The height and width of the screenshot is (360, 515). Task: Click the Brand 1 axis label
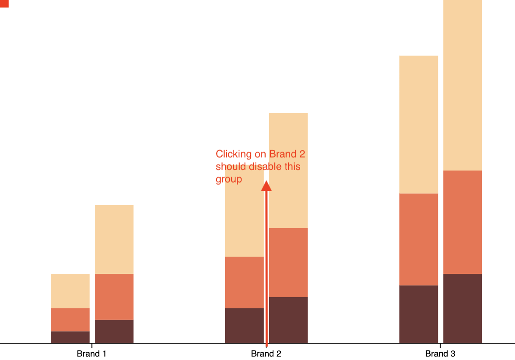click(91, 354)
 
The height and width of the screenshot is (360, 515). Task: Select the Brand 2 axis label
click(266, 354)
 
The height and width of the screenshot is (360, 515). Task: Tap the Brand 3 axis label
click(440, 354)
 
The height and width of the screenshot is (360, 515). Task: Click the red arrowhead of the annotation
click(267, 186)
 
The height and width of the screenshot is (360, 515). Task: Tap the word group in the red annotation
click(229, 179)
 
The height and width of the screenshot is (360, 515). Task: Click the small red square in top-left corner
click(4, 3)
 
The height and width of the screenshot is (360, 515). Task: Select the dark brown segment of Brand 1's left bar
click(70, 337)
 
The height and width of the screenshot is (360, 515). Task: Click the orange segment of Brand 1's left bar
click(70, 320)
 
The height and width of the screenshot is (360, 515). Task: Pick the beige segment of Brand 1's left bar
click(70, 291)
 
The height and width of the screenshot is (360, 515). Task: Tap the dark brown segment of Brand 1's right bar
click(114, 331)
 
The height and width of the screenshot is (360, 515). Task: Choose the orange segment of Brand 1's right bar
click(114, 297)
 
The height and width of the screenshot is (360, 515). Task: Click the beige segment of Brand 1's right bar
click(114, 239)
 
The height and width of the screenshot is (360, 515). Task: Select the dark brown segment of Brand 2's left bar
click(244, 326)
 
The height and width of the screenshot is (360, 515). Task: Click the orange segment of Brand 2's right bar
click(288, 262)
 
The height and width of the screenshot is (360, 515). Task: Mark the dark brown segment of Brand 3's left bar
click(419, 314)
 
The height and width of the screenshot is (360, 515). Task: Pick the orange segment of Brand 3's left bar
click(419, 239)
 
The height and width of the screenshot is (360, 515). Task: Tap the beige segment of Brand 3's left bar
click(419, 124)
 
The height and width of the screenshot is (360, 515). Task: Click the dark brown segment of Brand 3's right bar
click(462, 308)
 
